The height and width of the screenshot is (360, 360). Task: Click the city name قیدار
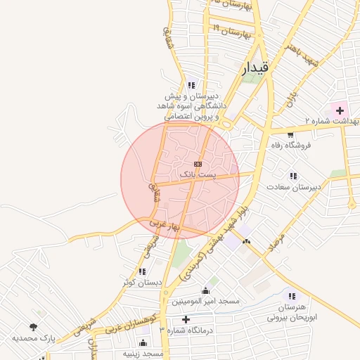[x=255, y=68]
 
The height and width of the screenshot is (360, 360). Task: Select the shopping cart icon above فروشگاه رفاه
[x=290, y=134]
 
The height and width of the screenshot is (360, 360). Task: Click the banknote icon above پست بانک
[x=196, y=163]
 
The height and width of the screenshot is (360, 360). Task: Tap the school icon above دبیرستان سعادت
[x=292, y=176]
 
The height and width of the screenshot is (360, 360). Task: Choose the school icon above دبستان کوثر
[x=143, y=271]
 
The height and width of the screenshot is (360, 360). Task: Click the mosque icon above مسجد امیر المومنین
[x=205, y=290]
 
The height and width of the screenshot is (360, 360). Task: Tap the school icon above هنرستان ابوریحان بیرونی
[x=292, y=297]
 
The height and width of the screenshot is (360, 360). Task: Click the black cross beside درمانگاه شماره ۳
[x=186, y=320]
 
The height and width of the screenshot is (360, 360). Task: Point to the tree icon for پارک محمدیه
[x=33, y=326]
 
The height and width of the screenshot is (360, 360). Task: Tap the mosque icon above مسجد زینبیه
[x=143, y=343]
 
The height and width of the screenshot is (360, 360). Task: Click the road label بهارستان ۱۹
[x=231, y=31]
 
